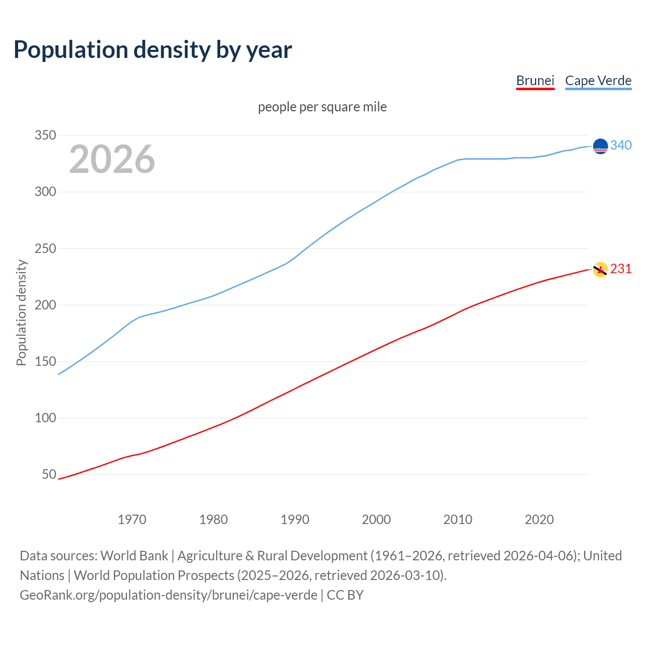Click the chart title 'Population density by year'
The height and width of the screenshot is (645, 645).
click(153, 50)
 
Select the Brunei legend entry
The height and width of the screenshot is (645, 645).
click(535, 81)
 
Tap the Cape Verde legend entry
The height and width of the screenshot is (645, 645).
click(598, 81)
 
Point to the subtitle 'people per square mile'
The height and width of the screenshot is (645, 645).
click(322, 107)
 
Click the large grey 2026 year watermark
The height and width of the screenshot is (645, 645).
click(112, 159)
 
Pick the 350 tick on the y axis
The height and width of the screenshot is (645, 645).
click(45, 135)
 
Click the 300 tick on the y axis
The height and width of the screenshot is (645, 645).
click(45, 192)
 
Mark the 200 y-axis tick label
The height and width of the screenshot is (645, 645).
click(45, 305)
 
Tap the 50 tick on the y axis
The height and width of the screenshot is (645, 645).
click(49, 474)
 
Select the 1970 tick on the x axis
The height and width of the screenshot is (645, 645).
click(132, 520)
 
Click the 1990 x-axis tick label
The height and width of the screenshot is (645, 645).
click(295, 520)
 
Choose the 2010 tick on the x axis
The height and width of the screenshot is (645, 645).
click(458, 520)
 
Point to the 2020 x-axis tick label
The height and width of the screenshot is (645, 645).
click(539, 520)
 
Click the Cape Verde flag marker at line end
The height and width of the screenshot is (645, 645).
click(600, 146)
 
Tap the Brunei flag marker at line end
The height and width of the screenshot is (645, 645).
click(600, 270)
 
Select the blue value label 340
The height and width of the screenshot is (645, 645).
click(621, 146)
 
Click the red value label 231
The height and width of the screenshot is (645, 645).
click(621, 269)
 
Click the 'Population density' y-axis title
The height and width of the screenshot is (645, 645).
click(21, 312)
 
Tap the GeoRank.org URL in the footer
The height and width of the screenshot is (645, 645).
click(168, 595)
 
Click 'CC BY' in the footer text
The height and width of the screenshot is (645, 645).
click(345, 595)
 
